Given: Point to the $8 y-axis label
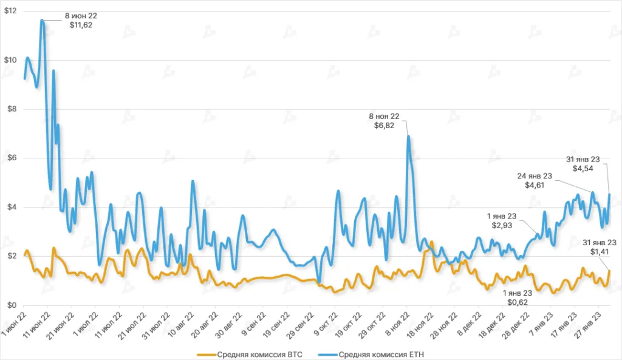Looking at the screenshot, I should point(10,109).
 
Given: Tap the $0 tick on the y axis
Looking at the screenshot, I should point(10,305).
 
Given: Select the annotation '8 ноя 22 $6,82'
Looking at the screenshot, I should point(387,120).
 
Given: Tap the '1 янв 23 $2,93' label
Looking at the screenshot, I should point(504,220).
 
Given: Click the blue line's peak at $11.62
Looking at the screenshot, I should point(42,20).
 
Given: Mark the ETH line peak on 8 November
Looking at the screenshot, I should point(408,136).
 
